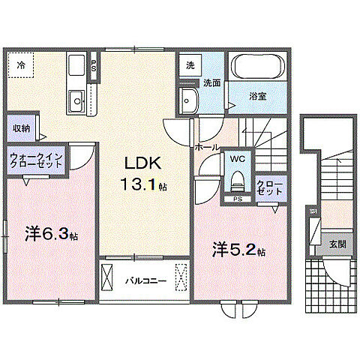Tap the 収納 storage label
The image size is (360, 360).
[x=21, y=128]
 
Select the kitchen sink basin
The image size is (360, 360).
[x=76, y=100]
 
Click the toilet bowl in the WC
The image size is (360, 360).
[x=237, y=180]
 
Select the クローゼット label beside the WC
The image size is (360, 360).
[x=269, y=187]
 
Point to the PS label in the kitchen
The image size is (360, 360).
[x=94, y=66]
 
